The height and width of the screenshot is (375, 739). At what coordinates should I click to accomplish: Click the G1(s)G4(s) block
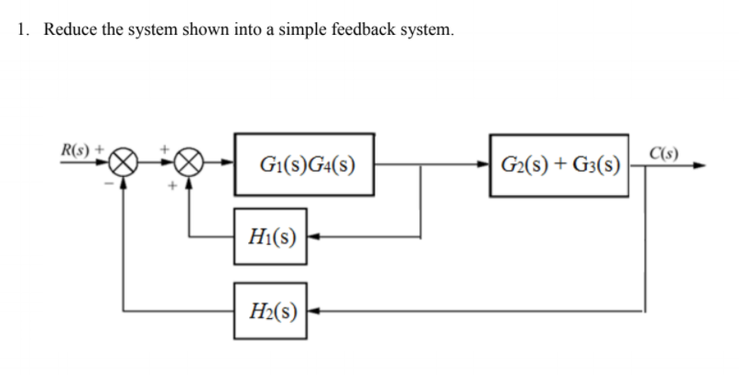[305, 166]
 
